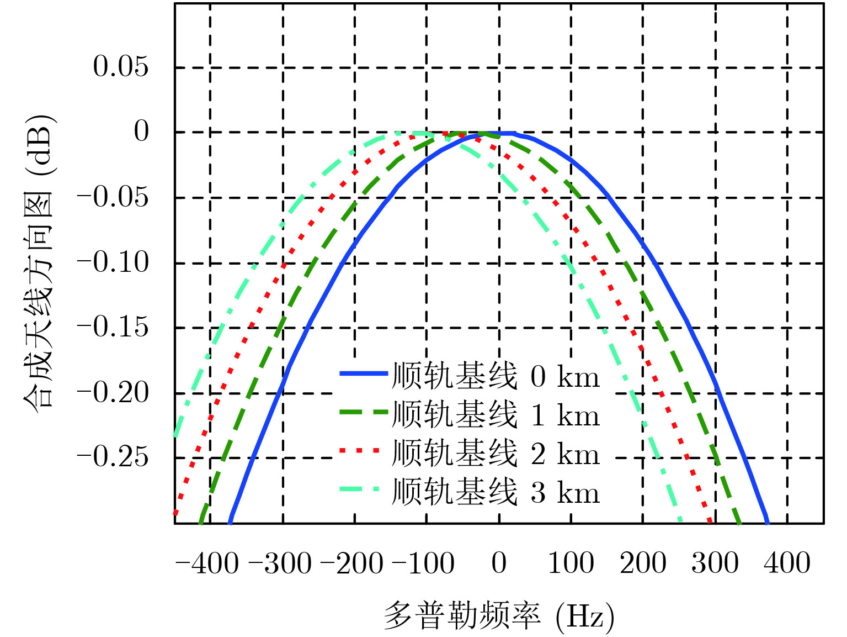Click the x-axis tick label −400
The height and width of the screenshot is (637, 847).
[207, 564]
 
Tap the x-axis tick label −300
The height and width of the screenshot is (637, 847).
[280, 564]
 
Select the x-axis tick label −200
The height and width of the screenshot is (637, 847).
[351, 564]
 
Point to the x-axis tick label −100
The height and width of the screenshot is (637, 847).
[423, 564]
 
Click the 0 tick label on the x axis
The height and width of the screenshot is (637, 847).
[499, 564]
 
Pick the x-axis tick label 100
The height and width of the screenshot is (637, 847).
[571, 564]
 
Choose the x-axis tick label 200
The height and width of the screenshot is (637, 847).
[643, 564]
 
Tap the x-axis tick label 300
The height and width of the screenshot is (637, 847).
[715, 564]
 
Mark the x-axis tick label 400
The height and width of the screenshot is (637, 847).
[787, 564]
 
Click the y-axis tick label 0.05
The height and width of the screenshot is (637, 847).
[121, 67]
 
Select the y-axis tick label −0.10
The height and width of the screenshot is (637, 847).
[113, 262]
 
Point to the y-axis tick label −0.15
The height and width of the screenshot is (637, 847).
[113, 327]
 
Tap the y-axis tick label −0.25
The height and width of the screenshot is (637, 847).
[113, 457]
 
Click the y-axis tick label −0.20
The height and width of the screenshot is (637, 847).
[113, 393]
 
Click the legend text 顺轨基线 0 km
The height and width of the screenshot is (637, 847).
[495, 376]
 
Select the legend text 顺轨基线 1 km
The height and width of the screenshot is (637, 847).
[495, 415]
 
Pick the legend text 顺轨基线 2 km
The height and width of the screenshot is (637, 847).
[495, 454]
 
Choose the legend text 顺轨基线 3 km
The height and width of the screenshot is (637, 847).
[495, 492]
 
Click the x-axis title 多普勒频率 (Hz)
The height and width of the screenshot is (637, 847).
[499, 615]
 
